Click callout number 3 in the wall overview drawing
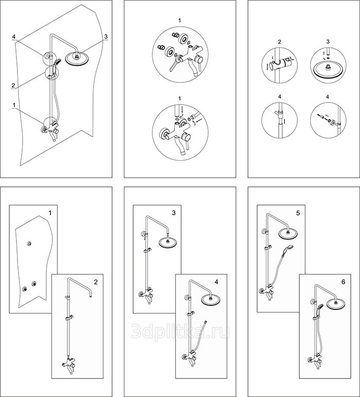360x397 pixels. [x=106, y=37]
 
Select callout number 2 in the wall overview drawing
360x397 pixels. [x=13, y=85]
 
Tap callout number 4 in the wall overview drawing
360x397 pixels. [x=14, y=37]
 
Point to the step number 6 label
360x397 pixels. [x=343, y=282]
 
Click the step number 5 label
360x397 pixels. [x=298, y=213]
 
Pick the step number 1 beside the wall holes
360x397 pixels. [x=50, y=213]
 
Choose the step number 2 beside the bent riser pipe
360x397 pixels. [x=96, y=282]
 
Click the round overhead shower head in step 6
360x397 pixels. [x=336, y=304]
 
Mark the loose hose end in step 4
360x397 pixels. [x=206, y=322]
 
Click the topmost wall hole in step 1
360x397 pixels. [x=29, y=244]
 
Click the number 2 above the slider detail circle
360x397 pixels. [x=279, y=42]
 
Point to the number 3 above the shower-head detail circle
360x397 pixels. [x=328, y=42]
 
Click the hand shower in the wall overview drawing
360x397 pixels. [x=56, y=63]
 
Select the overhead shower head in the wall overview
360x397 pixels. [x=77, y=59]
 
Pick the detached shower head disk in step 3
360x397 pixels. [x=168, y=243]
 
